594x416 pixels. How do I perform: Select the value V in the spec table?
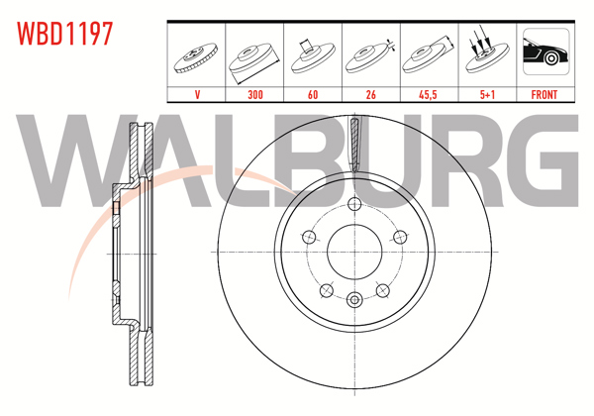coord(198,95)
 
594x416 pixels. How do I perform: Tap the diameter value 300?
coord(255,95)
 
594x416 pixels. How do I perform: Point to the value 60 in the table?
coord(313,95)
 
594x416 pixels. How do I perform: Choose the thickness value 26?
coord(370,95)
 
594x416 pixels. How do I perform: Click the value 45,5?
coord(428,95)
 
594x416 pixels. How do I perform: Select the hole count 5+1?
coord(486,95)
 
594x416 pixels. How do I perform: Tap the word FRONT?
coord(544,95)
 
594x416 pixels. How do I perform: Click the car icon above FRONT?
coord(544,54)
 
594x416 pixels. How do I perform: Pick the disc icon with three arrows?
coord(486,54)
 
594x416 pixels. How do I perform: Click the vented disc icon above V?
coord(198,56)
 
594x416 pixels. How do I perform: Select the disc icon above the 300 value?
coord(255,56)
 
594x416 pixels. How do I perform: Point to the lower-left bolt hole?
coord(326,289)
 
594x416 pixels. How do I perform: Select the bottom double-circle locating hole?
coord(354,298)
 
